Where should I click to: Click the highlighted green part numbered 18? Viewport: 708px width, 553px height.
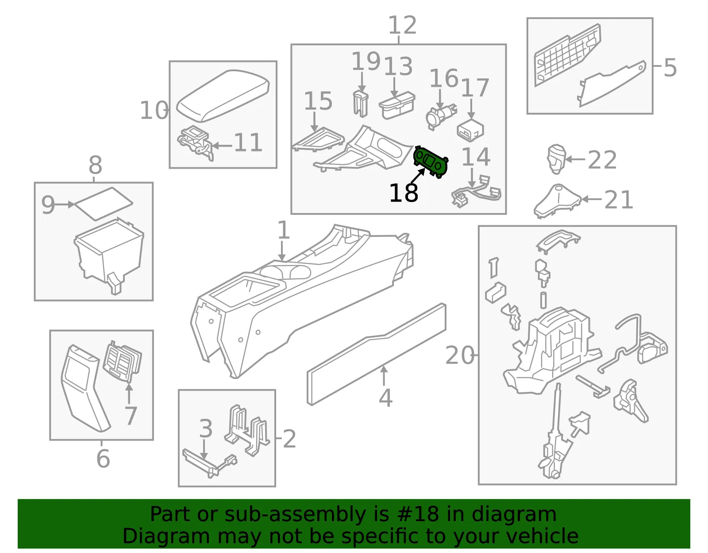point(431,162)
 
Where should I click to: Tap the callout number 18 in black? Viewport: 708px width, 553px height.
point(404,193)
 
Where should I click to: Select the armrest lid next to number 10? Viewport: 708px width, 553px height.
point(223,96)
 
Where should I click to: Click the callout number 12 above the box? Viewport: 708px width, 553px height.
point(403,25)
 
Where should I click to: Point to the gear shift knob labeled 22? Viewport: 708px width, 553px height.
point(556,159)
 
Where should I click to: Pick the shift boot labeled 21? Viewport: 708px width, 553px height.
point(558,201)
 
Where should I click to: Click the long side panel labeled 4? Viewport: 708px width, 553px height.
point(376,354)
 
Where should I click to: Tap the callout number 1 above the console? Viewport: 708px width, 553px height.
point(283,230)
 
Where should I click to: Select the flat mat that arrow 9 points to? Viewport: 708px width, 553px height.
point(104,204)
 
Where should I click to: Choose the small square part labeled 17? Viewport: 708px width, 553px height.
point(470,131)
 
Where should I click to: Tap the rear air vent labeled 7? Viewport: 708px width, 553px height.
point(123,361)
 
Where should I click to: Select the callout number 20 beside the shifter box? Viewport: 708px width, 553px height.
point(459,355)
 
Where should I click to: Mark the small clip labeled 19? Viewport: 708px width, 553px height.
point(361,104)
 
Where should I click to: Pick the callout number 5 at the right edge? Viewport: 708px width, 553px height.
point(670,68)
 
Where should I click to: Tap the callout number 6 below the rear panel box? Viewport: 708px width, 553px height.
point(103,459)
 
